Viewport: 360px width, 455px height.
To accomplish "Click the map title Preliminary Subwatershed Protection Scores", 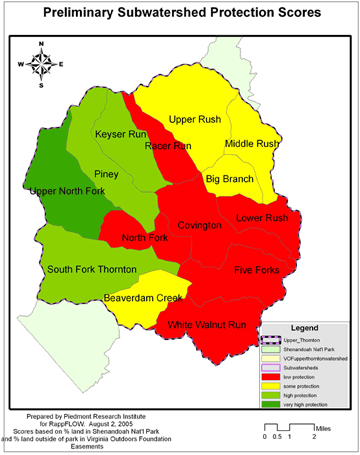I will click(180, 14).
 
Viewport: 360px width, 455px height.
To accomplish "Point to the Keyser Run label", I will click(122, 134).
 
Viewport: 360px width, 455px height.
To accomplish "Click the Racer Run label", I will click(167, 146).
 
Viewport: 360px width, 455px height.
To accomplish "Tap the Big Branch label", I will click(229, 178).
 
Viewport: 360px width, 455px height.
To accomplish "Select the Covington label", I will click(199, 226).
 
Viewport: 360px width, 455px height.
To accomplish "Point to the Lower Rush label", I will click(263, 218).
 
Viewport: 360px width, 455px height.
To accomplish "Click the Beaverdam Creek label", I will click(144, 299).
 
